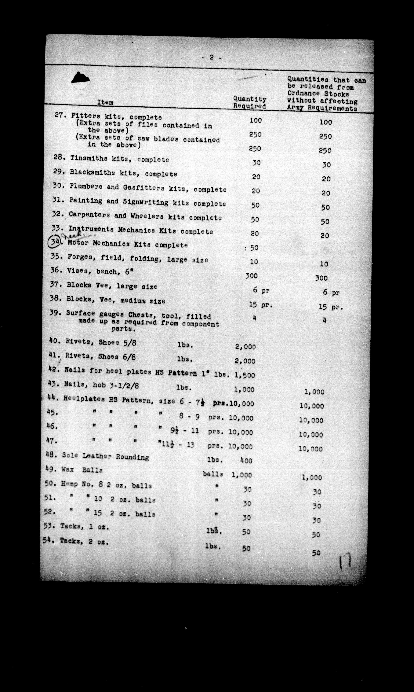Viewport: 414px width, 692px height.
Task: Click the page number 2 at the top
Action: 212,57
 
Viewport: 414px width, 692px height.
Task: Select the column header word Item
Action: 105,102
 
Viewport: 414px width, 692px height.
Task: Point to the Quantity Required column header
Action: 250,102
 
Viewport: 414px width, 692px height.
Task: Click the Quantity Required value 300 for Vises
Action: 251,276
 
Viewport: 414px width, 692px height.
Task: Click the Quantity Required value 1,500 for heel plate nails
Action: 245,375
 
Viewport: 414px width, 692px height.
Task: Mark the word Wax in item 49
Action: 67,469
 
